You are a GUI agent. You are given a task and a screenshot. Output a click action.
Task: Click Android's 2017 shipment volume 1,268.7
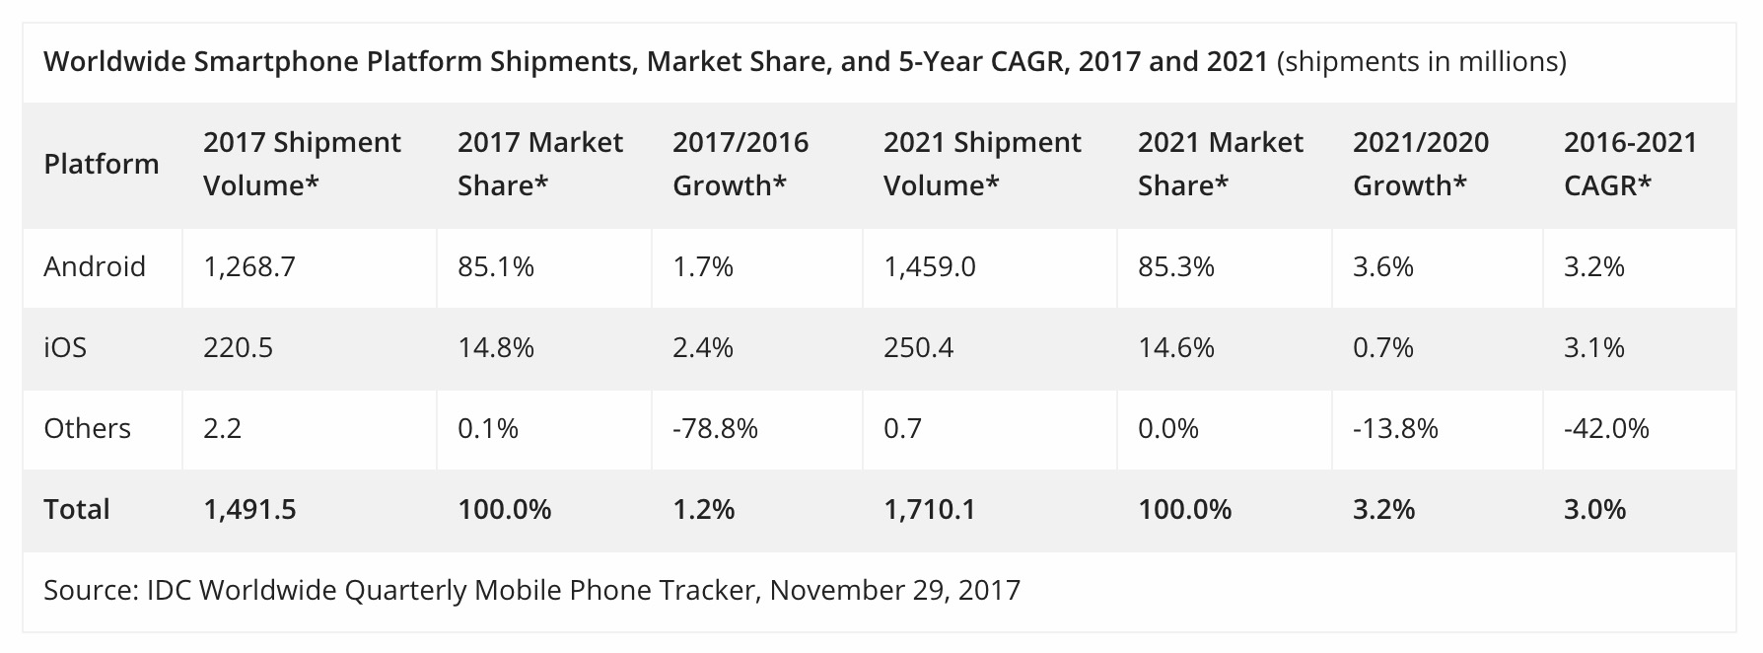click(x=249, y=267)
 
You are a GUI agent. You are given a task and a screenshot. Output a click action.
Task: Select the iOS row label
click(x=65, y=348)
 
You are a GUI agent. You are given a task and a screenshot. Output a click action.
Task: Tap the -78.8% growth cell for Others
click(x=715, y=429)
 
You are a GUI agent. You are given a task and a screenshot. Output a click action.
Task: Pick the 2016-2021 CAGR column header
click(x=1630, y=164)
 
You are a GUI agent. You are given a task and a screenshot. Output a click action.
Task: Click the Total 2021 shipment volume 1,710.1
click(x=930, y=510)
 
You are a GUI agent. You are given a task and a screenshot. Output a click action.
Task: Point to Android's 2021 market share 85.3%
click(x=1176, y=267)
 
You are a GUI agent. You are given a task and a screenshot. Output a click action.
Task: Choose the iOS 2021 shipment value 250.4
click(x=918, y=348)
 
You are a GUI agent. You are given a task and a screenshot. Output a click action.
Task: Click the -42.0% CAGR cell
click(x=1606, y=429)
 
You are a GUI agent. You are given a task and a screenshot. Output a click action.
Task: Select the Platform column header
click(x=102, y=164)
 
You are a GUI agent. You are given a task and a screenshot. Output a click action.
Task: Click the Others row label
click(x=87, y=429)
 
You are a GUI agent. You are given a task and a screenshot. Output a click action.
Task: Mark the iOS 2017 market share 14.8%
click(x=496, y=348)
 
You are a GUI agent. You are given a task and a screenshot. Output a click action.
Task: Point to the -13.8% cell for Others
click(x=1395, y=429)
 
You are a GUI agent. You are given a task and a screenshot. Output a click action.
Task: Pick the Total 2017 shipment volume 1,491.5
click(x=249, y=510)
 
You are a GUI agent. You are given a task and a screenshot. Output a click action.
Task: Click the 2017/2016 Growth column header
click(x=740, y=164)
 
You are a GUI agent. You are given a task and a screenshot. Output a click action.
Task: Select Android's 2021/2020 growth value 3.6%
click(x=1383, y=267)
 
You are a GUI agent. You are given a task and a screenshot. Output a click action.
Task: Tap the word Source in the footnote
click(x=90, y=591)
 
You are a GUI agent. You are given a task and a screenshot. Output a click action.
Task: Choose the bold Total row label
click(x=77, y=510)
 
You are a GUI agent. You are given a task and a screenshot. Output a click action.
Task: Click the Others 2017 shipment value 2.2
click(x=222, y=429)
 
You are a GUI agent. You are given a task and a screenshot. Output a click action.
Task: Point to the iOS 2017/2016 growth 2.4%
click(x=703, y=348)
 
